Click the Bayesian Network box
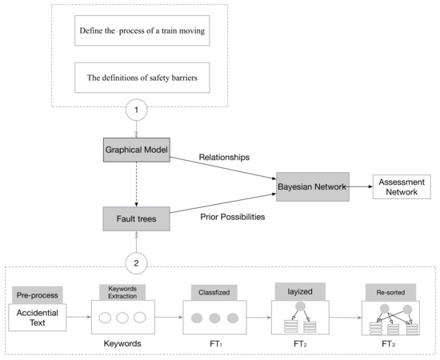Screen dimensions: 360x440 click(x=312, y=186)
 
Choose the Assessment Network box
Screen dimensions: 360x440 click(x=401, y=186)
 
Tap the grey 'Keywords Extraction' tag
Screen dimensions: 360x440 click(x=122, y=291)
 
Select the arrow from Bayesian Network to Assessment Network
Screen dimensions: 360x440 click(x=359, y=186)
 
